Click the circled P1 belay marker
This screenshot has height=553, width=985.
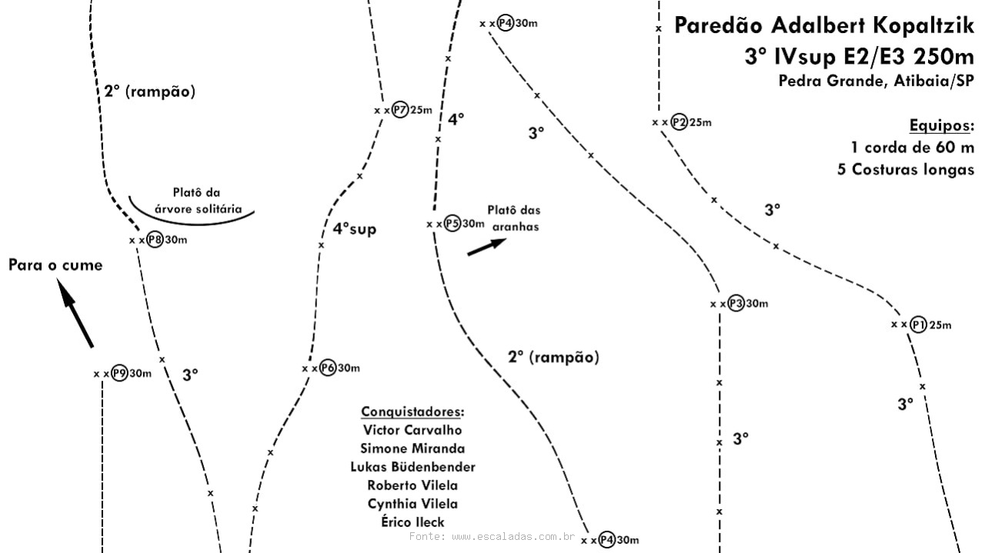coord(918,325)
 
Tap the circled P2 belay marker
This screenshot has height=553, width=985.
coord(679,122)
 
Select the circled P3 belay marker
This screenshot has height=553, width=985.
coord(736,303)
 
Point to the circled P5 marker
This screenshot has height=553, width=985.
coord(452,224)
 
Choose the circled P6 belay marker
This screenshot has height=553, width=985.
coord(328,368)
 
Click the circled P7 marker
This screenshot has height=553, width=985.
coord(400,110)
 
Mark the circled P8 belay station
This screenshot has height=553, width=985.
coord(155,239)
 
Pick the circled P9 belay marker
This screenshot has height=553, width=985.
coord(119,374)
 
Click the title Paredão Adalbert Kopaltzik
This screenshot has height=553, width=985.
coord(824,25)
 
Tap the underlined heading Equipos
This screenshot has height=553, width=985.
coord(941,126)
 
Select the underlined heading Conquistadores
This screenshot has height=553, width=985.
coord(412,412)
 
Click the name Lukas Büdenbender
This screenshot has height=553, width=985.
coord(412,467)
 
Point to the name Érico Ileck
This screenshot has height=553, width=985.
coord(412,521)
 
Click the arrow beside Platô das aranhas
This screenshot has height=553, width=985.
coord(487,247)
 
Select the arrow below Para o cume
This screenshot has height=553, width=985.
coord(75,313)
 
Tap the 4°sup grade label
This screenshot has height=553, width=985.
coord(355,229)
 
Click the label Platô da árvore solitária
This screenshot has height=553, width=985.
coord(198,201)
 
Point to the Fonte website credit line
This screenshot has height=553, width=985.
coord(492,536)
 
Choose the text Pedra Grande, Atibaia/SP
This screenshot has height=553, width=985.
coord(876,81)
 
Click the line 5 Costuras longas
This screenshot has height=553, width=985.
coord(906,169)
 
